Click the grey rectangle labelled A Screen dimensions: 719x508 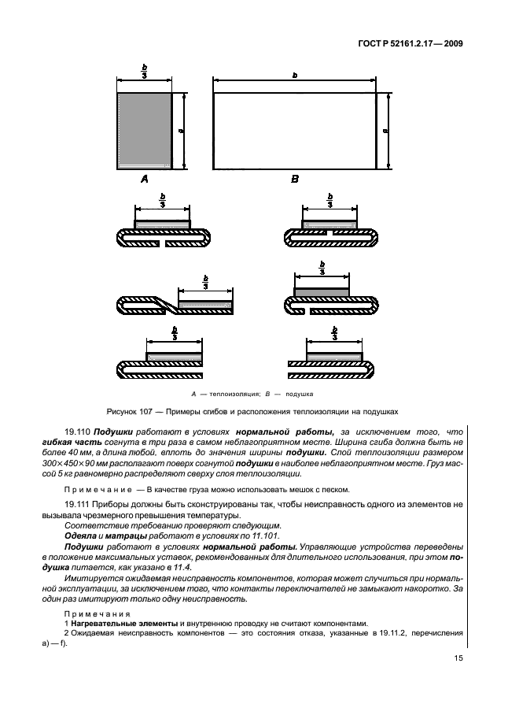(x=145, y=131)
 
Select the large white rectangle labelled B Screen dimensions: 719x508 (x=294, y=131)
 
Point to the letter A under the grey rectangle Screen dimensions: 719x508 (x=144, y=180)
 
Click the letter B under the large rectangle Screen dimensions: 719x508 (x=295, y=180)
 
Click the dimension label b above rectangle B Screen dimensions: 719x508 (x=294, y=76)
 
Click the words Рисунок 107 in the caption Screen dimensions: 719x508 (x=132, y=410)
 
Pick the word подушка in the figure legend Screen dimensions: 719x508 (x=300, y=392)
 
